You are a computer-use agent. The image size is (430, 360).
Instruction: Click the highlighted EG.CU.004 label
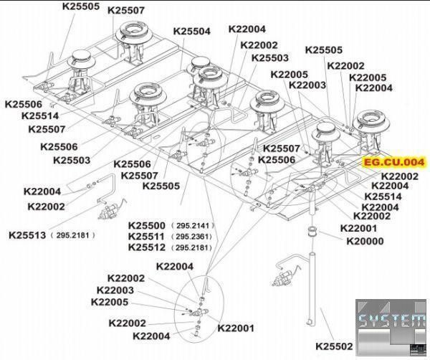(x=393, y=162)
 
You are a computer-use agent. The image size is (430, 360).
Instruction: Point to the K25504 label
(x=191, y=32)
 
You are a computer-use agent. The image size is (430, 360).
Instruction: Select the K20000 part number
(x=365, y=241)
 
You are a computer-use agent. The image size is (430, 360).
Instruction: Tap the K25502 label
(x=334, y=346)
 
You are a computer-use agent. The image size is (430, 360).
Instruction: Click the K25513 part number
(x=27, y=235)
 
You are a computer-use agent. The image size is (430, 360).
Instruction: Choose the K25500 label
(x=147, y=226)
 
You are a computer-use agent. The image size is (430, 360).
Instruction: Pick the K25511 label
(x=147, y=236)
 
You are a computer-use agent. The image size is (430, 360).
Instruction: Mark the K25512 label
(x=147, y=247)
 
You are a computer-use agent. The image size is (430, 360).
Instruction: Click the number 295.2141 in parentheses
(x=193, y=226)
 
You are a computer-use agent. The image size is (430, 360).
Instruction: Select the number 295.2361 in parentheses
(x=193, y=237)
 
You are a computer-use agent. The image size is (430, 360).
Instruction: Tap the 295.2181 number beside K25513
(x=74, y=235)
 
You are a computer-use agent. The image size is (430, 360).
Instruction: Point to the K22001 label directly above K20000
(x=359, y=228)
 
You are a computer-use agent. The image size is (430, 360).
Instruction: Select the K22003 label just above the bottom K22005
(x=115, y=290)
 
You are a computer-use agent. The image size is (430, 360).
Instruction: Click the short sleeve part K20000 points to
(x=312, y=231)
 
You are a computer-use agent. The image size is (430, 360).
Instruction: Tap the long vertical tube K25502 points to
(x=312, y=289)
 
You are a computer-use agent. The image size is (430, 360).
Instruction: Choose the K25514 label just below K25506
(x=40, y=115)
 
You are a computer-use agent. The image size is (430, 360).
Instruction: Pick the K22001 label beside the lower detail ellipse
(x=236, y=328)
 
